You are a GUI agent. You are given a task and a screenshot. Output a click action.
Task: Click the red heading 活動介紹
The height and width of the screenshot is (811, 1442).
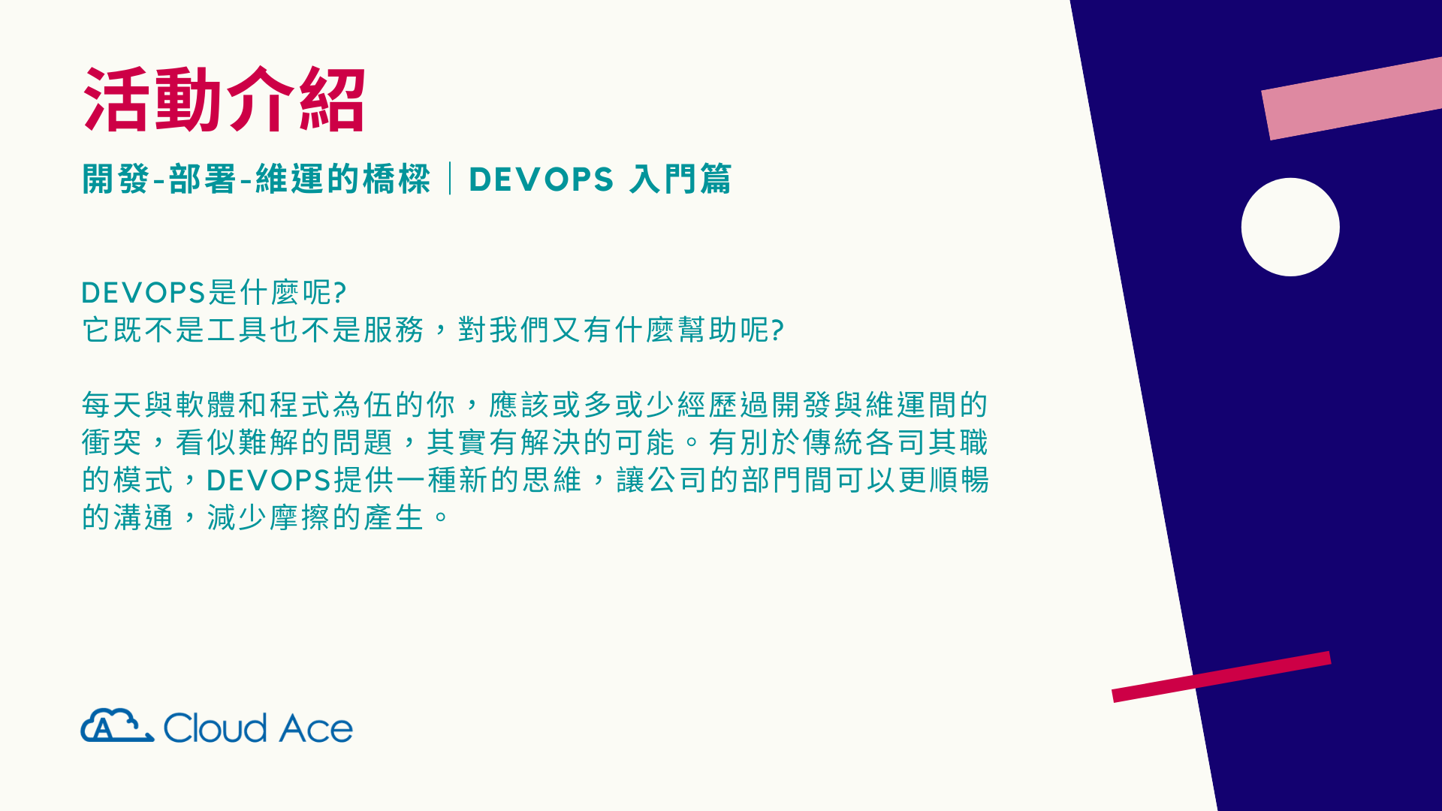point(225,100)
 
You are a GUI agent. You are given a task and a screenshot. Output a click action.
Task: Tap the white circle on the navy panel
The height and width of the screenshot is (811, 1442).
point(1290,227)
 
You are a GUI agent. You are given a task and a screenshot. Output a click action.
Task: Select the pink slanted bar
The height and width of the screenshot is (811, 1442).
point(1352,98)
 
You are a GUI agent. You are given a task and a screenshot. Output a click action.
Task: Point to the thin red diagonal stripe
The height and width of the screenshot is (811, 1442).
point(1221,677)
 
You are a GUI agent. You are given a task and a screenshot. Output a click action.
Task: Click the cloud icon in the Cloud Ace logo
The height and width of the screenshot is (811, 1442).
point(117,725)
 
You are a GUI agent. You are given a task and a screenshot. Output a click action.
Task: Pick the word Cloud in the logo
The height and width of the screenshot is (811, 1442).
point(215,728)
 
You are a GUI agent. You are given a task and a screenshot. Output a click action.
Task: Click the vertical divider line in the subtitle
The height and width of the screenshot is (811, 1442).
point(450,179)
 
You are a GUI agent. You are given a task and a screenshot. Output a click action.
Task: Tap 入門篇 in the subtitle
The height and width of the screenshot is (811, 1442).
point(680,179)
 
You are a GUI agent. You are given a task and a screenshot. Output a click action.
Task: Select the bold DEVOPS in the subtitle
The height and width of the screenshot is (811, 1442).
point(542,179)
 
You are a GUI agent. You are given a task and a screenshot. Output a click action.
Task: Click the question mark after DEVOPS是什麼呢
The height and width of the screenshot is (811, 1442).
point(339,293)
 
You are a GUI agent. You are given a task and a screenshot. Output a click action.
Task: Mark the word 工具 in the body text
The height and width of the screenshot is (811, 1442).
point(222,330)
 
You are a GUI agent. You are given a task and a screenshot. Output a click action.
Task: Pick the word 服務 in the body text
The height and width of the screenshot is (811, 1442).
point(395,330)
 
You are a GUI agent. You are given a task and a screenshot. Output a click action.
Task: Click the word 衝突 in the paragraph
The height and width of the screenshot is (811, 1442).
point(112,442)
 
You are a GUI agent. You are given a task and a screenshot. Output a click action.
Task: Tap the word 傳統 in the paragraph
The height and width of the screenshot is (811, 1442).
point(834,442)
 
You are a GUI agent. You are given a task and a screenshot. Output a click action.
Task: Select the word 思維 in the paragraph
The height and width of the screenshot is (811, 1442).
point(553,480)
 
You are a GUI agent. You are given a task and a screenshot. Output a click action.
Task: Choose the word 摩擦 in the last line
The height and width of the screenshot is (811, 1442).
point(300,517)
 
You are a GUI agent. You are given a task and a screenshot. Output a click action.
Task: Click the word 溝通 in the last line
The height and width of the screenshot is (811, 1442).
point(143,517)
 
